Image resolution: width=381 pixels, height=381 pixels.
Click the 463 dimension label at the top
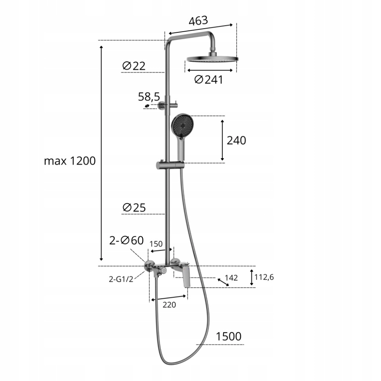pyautogui.click(x=198, y=21)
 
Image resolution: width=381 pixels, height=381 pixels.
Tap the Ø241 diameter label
pyautogui.click(x=209, y=80)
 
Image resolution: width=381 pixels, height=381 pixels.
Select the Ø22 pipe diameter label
pyautogui.click(x=134, y=66)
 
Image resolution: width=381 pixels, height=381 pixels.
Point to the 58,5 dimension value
pyautogui.click(x=149, y=97)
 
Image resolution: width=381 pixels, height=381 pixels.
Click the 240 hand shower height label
pyautogui.click(x=236, y=141)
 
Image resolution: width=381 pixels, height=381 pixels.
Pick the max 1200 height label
pyautogui.click(x=70, y=161)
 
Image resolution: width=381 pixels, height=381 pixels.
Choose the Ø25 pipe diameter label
pyautogui.click(x=134, y=208)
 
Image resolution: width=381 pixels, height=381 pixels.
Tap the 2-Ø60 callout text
pyautogui.click(x=126, y=240)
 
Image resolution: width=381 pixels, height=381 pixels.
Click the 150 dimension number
pyautogui.click(x=156, y=244)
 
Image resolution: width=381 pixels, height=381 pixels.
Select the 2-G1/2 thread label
pyautogui.click(x=121, y=279)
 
